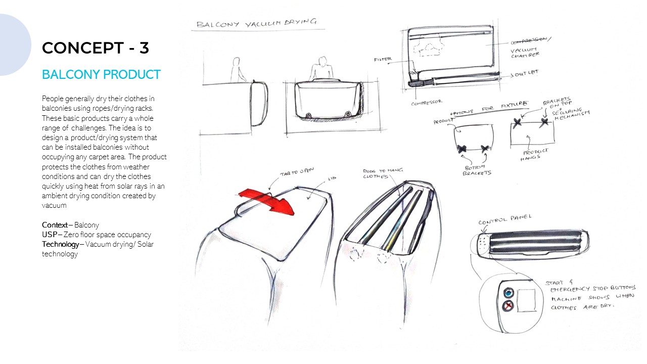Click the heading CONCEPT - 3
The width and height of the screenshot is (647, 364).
[95, 48]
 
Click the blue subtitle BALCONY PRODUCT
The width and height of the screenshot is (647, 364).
[101, 74]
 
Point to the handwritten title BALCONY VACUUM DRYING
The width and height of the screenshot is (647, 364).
[256, 23]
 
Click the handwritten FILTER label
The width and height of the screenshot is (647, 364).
[383, 60]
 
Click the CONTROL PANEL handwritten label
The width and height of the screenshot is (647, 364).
[505, 220]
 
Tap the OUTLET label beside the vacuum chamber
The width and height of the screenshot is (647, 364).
[526, 73]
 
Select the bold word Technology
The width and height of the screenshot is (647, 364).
[60, 245]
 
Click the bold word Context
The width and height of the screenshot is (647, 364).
[55, 225]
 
